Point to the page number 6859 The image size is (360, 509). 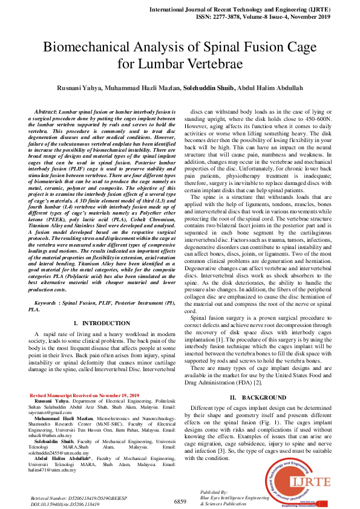(180, 501)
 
